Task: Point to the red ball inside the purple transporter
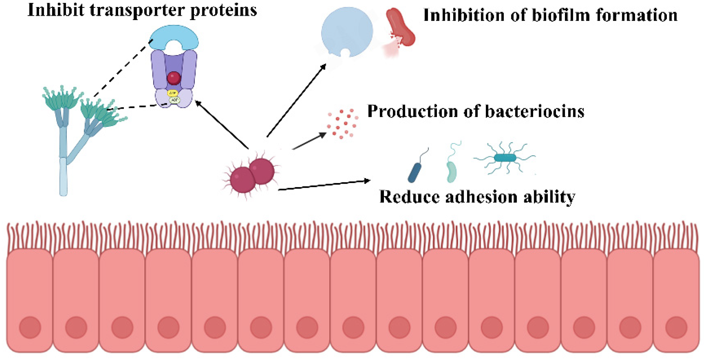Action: pos(174,78)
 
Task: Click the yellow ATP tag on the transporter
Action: pos(172,93)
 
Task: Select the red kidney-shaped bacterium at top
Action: pos(400,27)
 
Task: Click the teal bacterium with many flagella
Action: pos(505,158)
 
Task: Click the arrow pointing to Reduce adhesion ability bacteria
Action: pos(324,185)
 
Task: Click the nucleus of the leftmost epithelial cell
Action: pos(30,327)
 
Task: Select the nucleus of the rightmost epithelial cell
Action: pos(676,327)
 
